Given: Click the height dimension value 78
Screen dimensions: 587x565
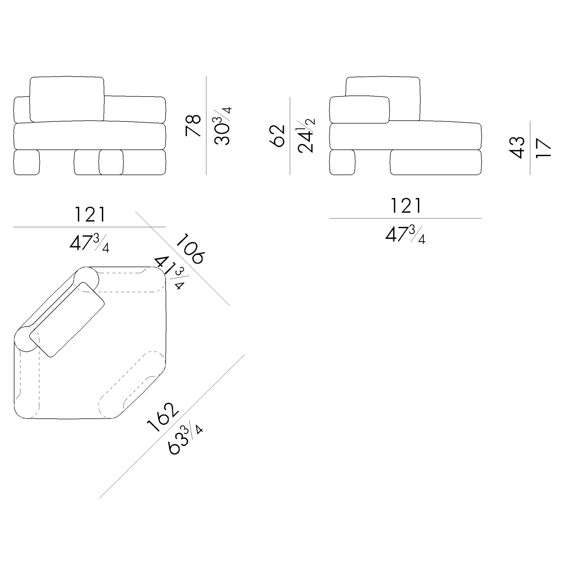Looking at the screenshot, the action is click(x=193, y=125).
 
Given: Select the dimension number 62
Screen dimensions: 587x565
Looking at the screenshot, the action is click(x=277, y=135).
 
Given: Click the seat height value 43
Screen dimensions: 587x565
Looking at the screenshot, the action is click(x=517, y=148).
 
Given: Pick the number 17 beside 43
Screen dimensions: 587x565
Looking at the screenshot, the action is click(x=543, y=148).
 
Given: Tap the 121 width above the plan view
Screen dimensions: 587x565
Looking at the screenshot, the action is click(x=90, y=215).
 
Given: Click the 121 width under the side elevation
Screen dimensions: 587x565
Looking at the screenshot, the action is click(x=406, y=206).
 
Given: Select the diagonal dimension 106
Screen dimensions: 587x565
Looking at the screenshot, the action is click(x=190, y=249).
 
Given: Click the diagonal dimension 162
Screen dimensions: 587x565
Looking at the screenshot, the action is click(x=163, y=417).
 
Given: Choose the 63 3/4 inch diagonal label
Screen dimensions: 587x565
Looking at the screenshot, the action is click(x=185, y=439).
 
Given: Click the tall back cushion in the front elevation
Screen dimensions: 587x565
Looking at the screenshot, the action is click(x=67, y=99).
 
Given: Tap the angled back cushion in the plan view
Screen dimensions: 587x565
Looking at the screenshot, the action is click(x=67, y=320).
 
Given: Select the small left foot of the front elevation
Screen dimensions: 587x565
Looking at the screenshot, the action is click(x=26, y=162).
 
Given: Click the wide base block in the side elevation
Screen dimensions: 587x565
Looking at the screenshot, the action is click(x=436, y=162).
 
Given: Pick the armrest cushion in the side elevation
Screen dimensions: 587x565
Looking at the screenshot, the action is click(x=359, y=109).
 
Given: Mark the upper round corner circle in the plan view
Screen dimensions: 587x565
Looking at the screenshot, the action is click(x=86, y=279).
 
